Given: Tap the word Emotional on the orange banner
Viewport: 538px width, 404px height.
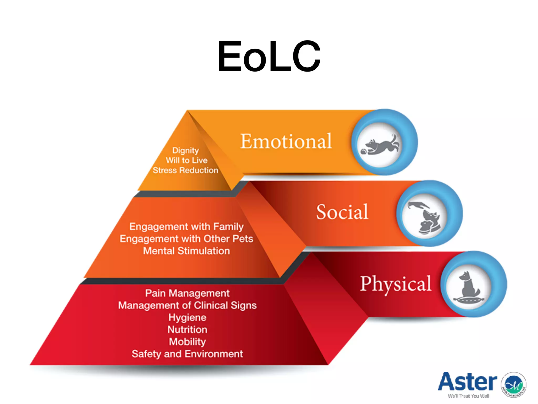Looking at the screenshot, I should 286,141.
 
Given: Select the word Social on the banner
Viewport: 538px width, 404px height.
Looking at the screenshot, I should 342,212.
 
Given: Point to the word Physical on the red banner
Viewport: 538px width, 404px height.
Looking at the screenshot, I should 396,284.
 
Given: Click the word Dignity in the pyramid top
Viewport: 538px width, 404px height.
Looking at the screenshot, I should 185,150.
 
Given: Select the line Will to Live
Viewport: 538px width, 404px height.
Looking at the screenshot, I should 187,160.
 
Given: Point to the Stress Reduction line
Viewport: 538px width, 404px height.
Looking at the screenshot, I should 185,170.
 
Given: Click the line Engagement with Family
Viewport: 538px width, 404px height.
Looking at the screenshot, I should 187,226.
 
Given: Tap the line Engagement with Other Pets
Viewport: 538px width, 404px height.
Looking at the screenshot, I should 187,239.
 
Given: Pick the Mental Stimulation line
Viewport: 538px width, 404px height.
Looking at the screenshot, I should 187,251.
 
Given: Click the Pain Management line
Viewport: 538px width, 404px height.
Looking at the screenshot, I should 187,293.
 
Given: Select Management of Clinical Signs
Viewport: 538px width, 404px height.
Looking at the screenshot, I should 187,305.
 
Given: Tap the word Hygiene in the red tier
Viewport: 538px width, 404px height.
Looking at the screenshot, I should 187,317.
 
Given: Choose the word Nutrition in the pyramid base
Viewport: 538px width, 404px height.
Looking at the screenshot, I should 187,330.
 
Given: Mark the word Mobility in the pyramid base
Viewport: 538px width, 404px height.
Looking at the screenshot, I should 187,342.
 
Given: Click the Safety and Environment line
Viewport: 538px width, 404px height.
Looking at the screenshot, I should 187,354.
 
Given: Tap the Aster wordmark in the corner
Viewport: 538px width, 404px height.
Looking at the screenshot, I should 467,382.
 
